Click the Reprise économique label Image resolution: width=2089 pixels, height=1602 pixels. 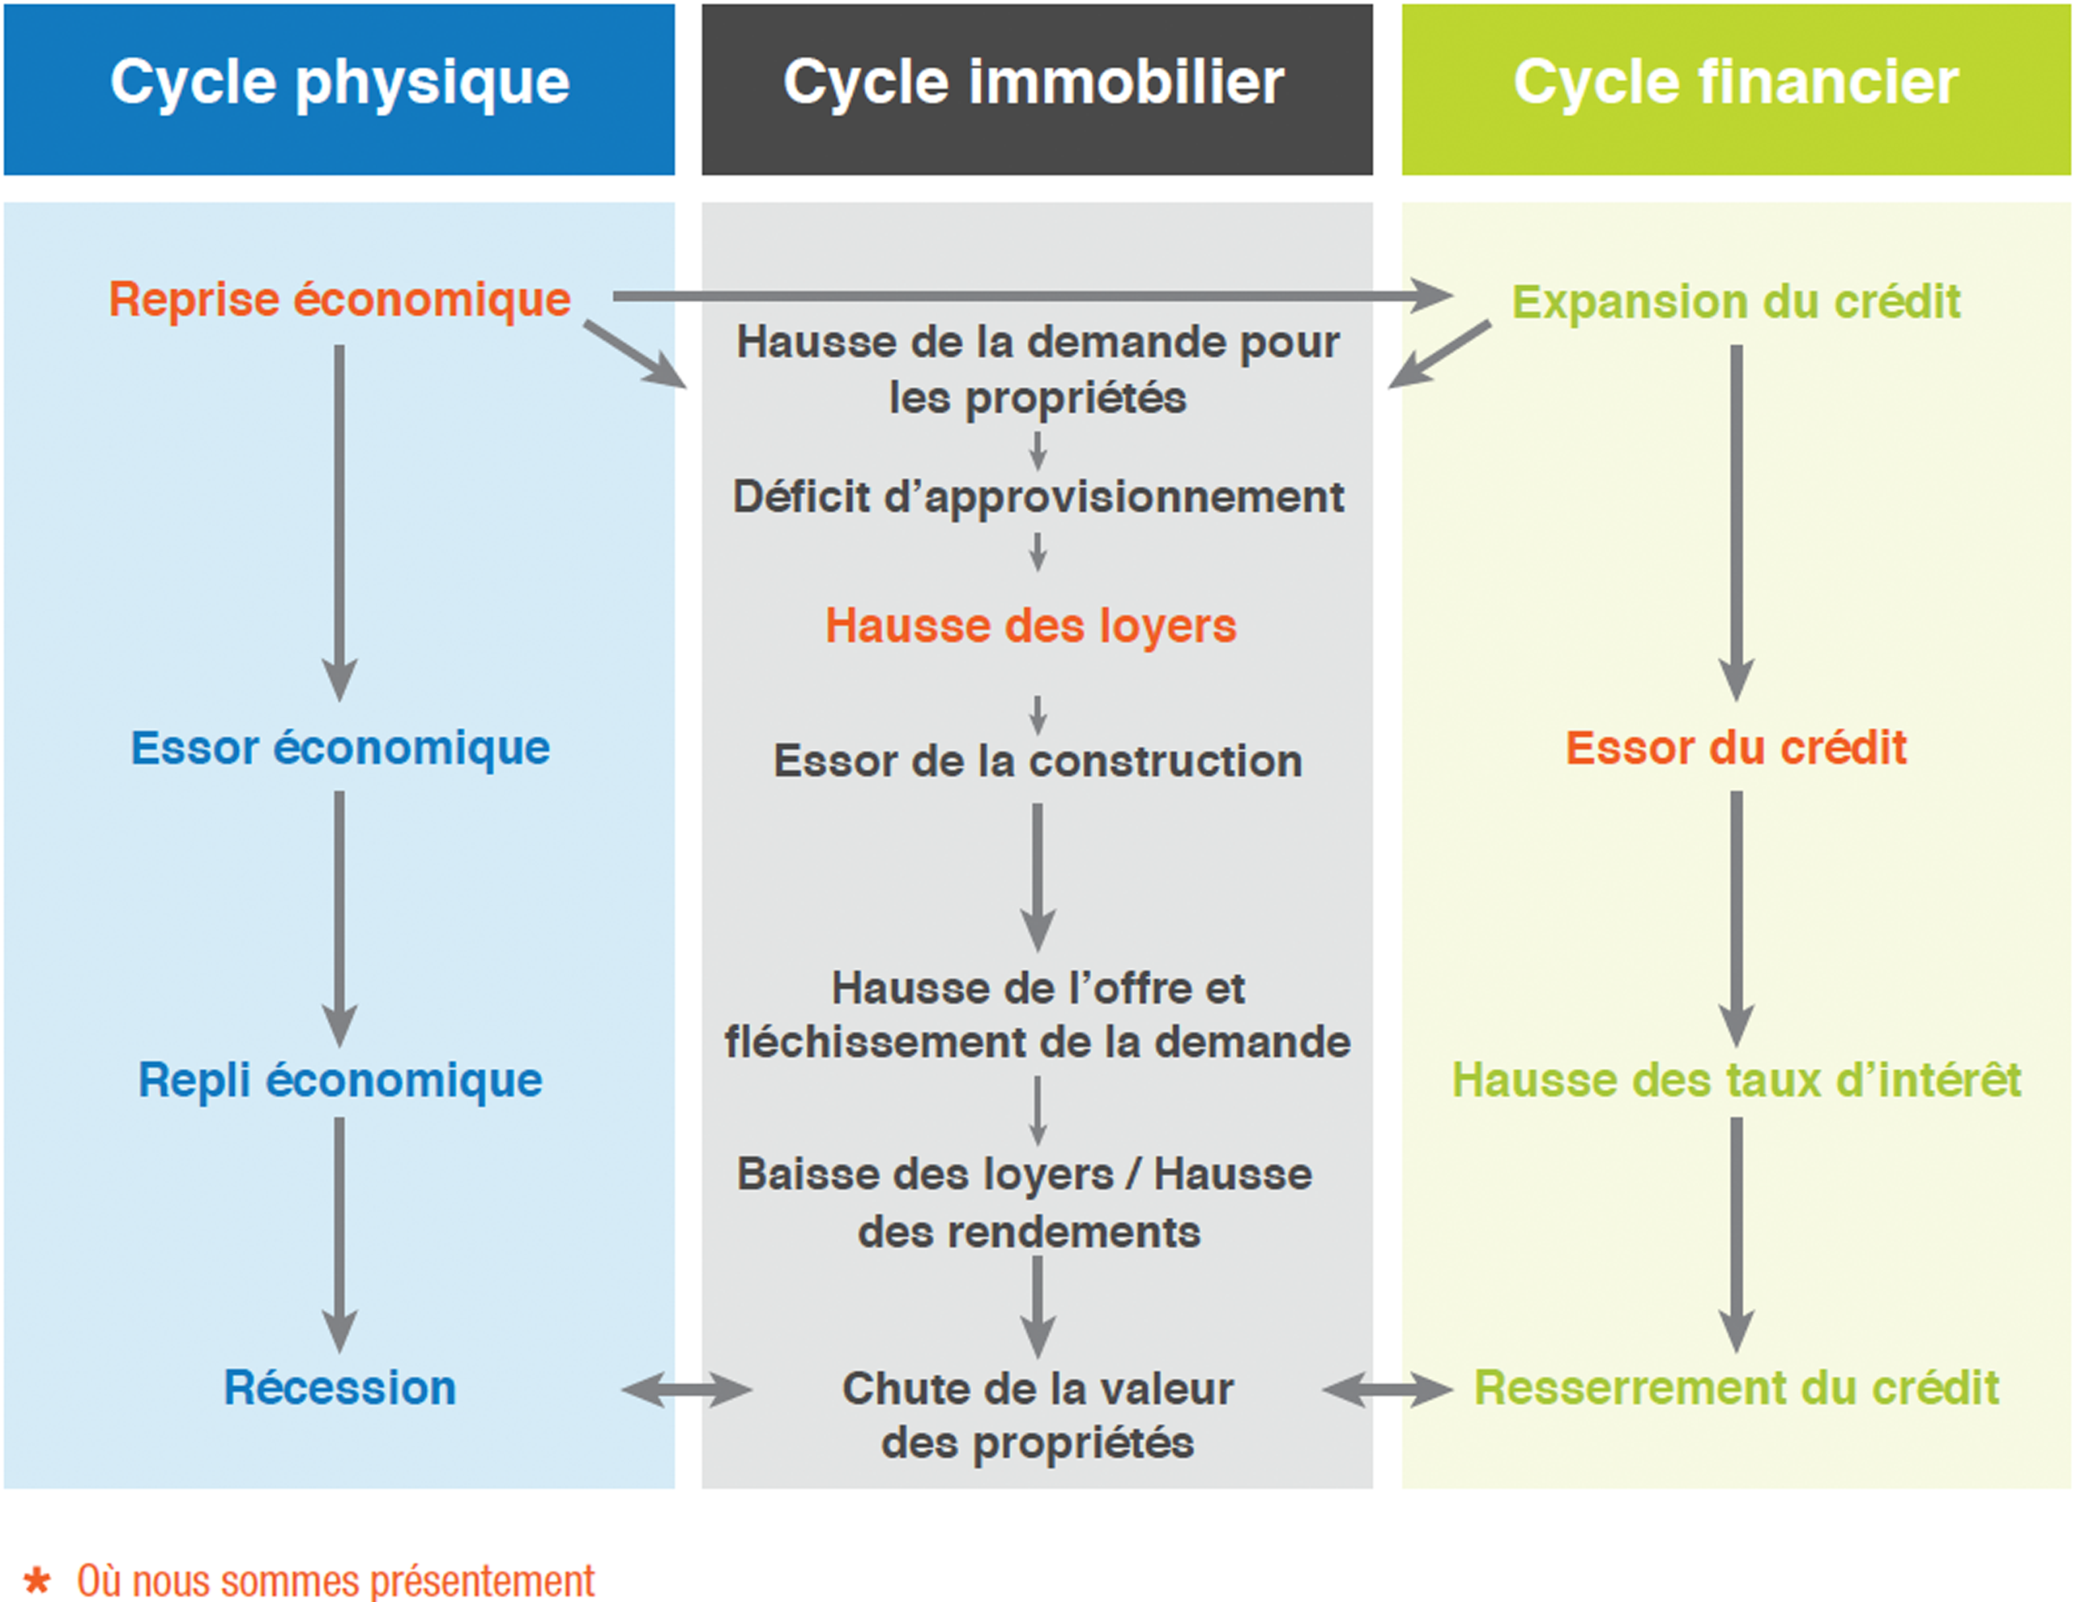tap(339, 300)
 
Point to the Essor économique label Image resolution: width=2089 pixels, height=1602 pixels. tap(340, 748)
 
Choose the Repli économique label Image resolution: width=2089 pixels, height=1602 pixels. tap(340, 1080)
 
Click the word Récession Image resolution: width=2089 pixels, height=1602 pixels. tap(340, 1387)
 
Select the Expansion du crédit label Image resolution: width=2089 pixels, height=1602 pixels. tap(1736, 301)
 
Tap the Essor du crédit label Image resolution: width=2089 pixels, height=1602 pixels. tap(1736, 748)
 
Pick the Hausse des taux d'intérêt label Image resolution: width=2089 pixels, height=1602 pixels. tap(1736, 1080)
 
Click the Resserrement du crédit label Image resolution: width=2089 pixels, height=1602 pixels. tap(1736, 1387)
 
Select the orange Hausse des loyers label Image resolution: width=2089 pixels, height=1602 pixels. tap(1030, 627)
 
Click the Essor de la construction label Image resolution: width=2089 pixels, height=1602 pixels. tap(1038, 761)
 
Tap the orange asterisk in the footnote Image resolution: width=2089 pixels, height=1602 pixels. tap(37, 1579)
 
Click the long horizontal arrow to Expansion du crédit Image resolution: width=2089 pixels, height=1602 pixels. tap(1030, 296)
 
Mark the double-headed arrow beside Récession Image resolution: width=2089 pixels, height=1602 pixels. tap(687, 1389)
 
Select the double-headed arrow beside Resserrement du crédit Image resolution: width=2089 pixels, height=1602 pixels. tap(1388, 1389)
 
